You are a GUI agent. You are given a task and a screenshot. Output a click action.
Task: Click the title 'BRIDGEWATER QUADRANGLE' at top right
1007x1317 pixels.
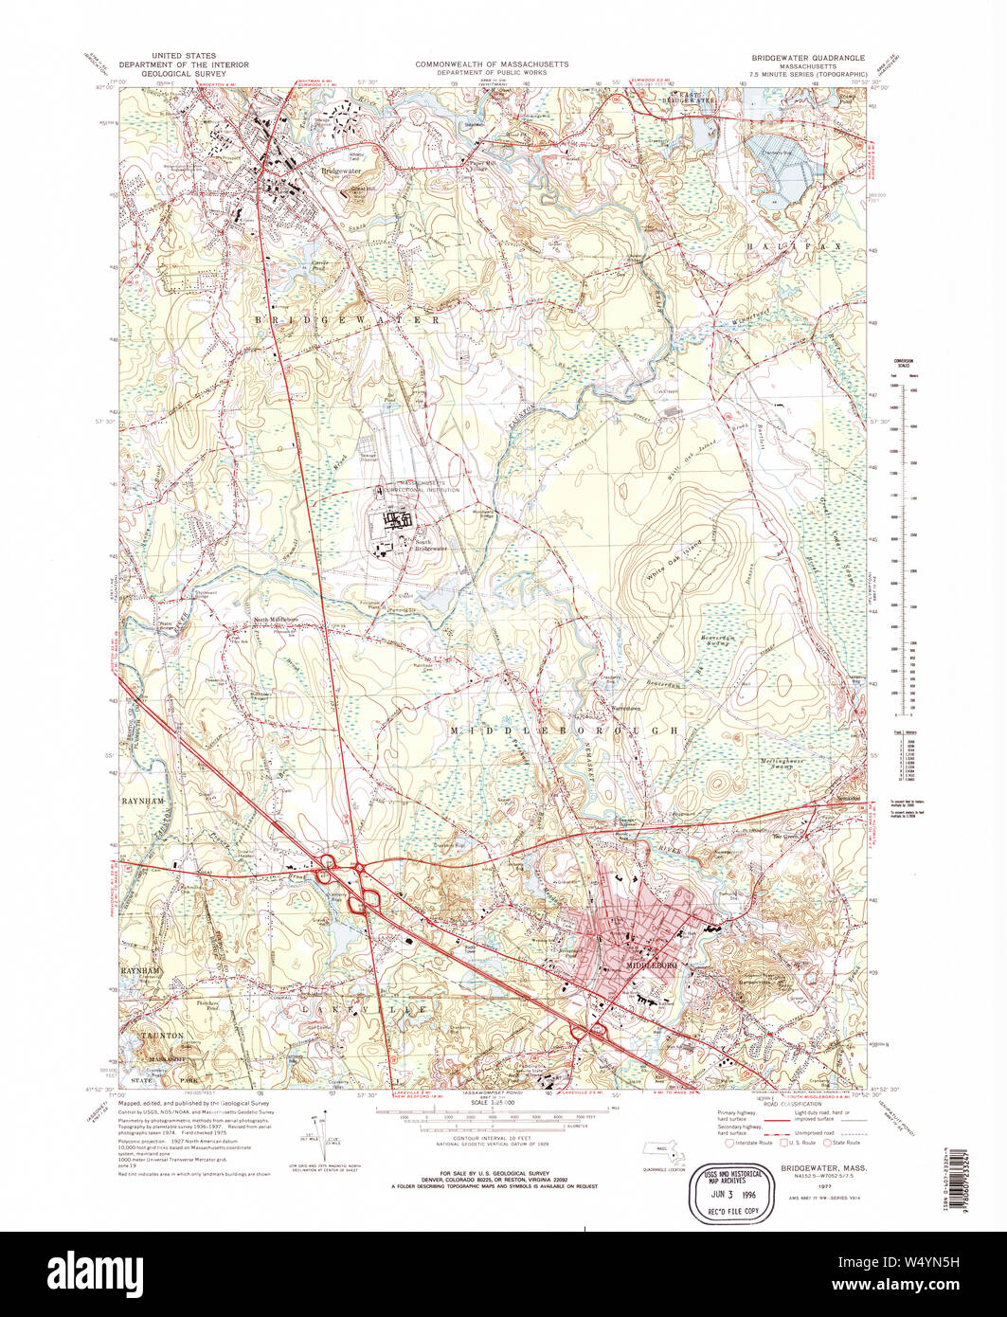(x=802, y=58)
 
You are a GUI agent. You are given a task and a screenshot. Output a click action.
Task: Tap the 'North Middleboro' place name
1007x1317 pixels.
(x=276, y=620)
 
